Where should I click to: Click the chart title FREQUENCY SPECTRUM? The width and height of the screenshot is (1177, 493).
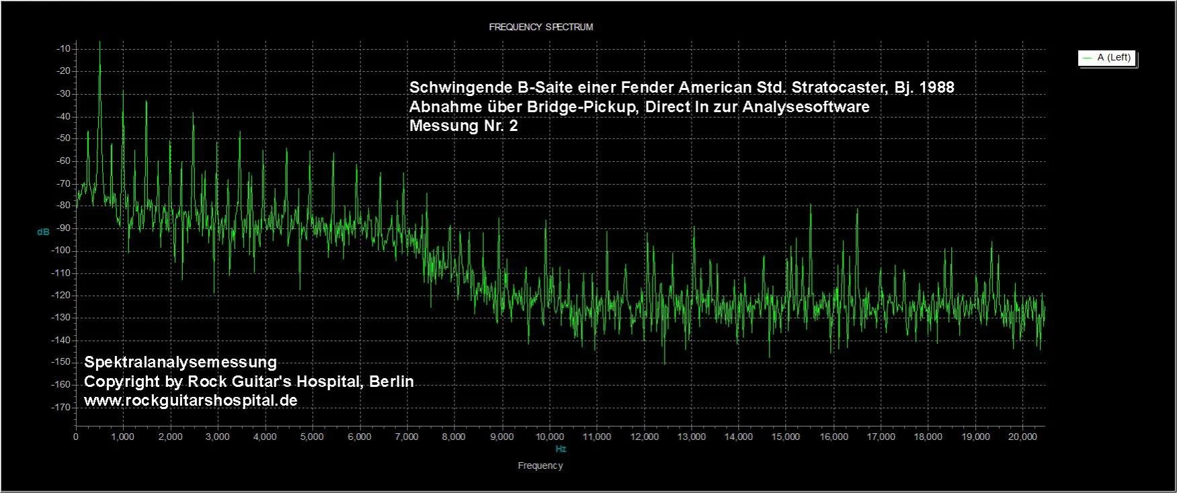pos(540,28)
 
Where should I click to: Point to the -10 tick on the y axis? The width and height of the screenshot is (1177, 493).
pos(64,49)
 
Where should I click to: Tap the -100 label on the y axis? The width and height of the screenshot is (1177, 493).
pos(61,251)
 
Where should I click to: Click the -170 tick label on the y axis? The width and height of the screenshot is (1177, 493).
pos(61,407)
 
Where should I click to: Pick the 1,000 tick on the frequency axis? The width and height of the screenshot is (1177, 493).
pos(122,437)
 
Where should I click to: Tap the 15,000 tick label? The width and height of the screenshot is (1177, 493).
pos(785,437)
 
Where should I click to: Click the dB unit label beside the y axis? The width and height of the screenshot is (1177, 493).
pos(43,232)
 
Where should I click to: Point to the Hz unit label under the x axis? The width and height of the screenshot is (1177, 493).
pos(561,449)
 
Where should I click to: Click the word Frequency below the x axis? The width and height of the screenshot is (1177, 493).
pos(540,465)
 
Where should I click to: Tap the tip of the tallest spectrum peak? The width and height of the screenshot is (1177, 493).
pos(100,42)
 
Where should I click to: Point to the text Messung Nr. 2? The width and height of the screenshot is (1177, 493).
pos(463,126)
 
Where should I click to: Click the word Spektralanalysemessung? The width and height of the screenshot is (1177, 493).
pos(180,362)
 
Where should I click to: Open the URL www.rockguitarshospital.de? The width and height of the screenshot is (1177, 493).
pos(190,400)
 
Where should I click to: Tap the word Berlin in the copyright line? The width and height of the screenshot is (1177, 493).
pos(390,382)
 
